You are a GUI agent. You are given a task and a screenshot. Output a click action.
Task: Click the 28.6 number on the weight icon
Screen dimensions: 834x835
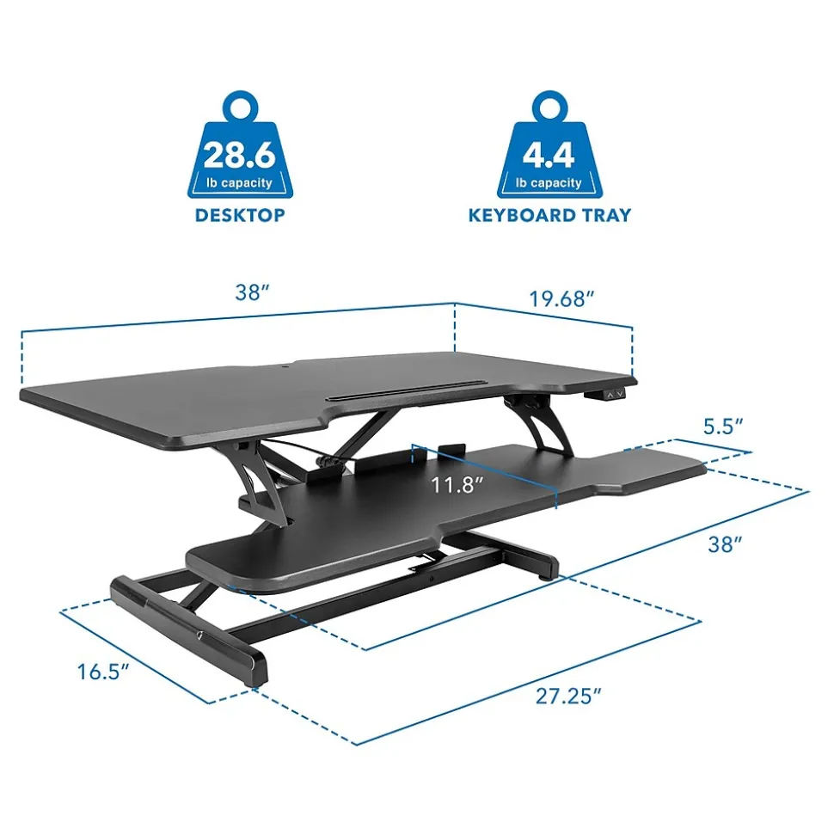pos(240,155)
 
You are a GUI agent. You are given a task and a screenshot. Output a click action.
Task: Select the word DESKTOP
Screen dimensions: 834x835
pos(240,215)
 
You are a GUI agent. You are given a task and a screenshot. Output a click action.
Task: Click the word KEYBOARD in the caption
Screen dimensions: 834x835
pos(520,215)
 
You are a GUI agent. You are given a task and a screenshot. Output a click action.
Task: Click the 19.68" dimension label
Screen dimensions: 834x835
pos(561,298)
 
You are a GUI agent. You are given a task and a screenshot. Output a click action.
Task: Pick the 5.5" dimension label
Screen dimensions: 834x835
pos(723,427)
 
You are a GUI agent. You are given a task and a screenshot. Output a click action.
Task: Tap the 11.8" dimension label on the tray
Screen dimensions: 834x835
pos(457,485)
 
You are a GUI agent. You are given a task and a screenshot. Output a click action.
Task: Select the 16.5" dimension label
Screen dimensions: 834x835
pos(103,672)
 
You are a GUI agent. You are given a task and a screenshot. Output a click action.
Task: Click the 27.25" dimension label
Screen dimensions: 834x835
pos(568,696)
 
